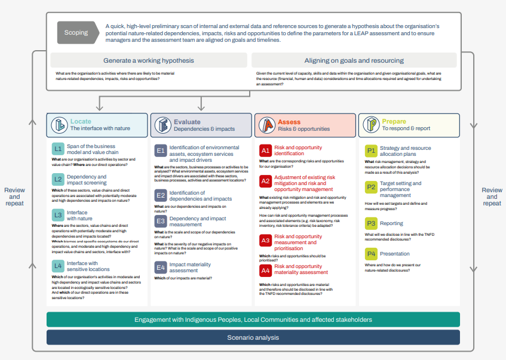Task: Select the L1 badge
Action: (57, 149)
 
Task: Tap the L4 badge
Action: (57, 266)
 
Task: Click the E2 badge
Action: (161, 195)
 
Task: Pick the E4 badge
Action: (161, 267)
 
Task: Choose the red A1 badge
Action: (265, 150)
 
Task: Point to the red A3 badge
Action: (265, 240)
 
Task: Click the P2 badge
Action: (371, 187)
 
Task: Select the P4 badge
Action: (371, 254)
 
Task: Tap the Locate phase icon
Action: (59, 125)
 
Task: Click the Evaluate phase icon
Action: (162, 125)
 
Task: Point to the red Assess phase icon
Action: (266, 125)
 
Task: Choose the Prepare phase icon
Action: (370, 125)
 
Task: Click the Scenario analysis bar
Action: (253, 338)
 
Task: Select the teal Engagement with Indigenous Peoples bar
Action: (253, 319)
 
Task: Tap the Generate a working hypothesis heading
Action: (149, 60)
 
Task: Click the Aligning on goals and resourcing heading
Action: (354, 60)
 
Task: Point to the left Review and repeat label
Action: (14, 196)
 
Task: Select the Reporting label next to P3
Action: (391, 223)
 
